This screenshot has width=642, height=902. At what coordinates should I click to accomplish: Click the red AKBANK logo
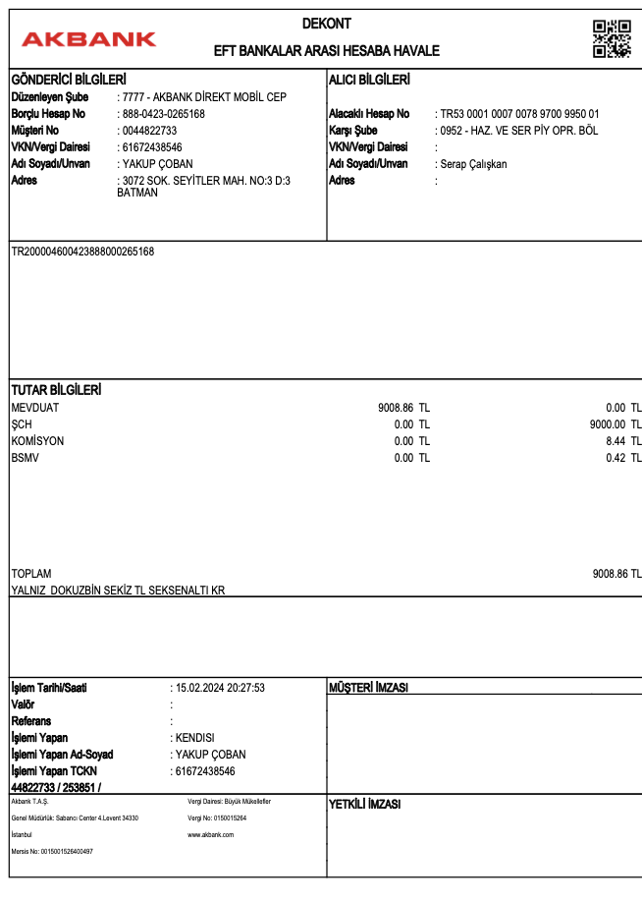(x=88, y=39)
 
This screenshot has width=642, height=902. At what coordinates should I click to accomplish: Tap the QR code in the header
(x=612, y=38)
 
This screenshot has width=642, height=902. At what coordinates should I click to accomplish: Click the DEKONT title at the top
(x=327, y=24)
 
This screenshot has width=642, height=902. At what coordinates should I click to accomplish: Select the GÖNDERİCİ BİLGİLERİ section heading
(x=69, y=80)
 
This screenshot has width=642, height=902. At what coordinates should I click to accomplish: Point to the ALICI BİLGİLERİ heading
(x=369, y=80)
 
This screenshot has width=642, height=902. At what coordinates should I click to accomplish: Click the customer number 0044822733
(x=149, y=131)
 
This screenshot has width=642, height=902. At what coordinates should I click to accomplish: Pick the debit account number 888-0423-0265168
(x=163, y=114)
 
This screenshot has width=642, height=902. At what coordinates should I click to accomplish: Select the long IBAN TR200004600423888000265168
(x=82, y=252)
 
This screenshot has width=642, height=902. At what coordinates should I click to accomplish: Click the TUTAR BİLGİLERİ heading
(x=56, y=390)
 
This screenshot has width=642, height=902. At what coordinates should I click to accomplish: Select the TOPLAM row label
(x=31, y=574)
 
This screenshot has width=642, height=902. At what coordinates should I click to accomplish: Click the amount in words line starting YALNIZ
(x=118, y=591)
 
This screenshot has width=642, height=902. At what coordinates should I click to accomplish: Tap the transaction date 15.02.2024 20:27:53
(x=220, y=688)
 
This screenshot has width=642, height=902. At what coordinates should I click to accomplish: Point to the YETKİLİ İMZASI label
(x=365, y=805)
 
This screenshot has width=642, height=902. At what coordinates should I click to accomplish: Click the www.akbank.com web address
(x=210, y=834)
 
